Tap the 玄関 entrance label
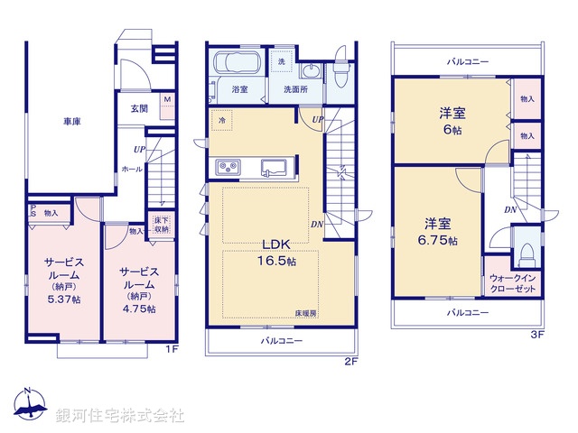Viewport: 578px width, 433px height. pos(130,108)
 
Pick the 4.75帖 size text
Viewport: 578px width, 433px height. pos(138,309)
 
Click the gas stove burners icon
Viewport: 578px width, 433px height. pos(227,167)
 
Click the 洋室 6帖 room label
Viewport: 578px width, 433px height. pos(452,120)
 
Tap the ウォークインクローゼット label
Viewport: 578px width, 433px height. pos(513,283)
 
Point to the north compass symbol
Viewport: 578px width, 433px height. pos(30,407)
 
